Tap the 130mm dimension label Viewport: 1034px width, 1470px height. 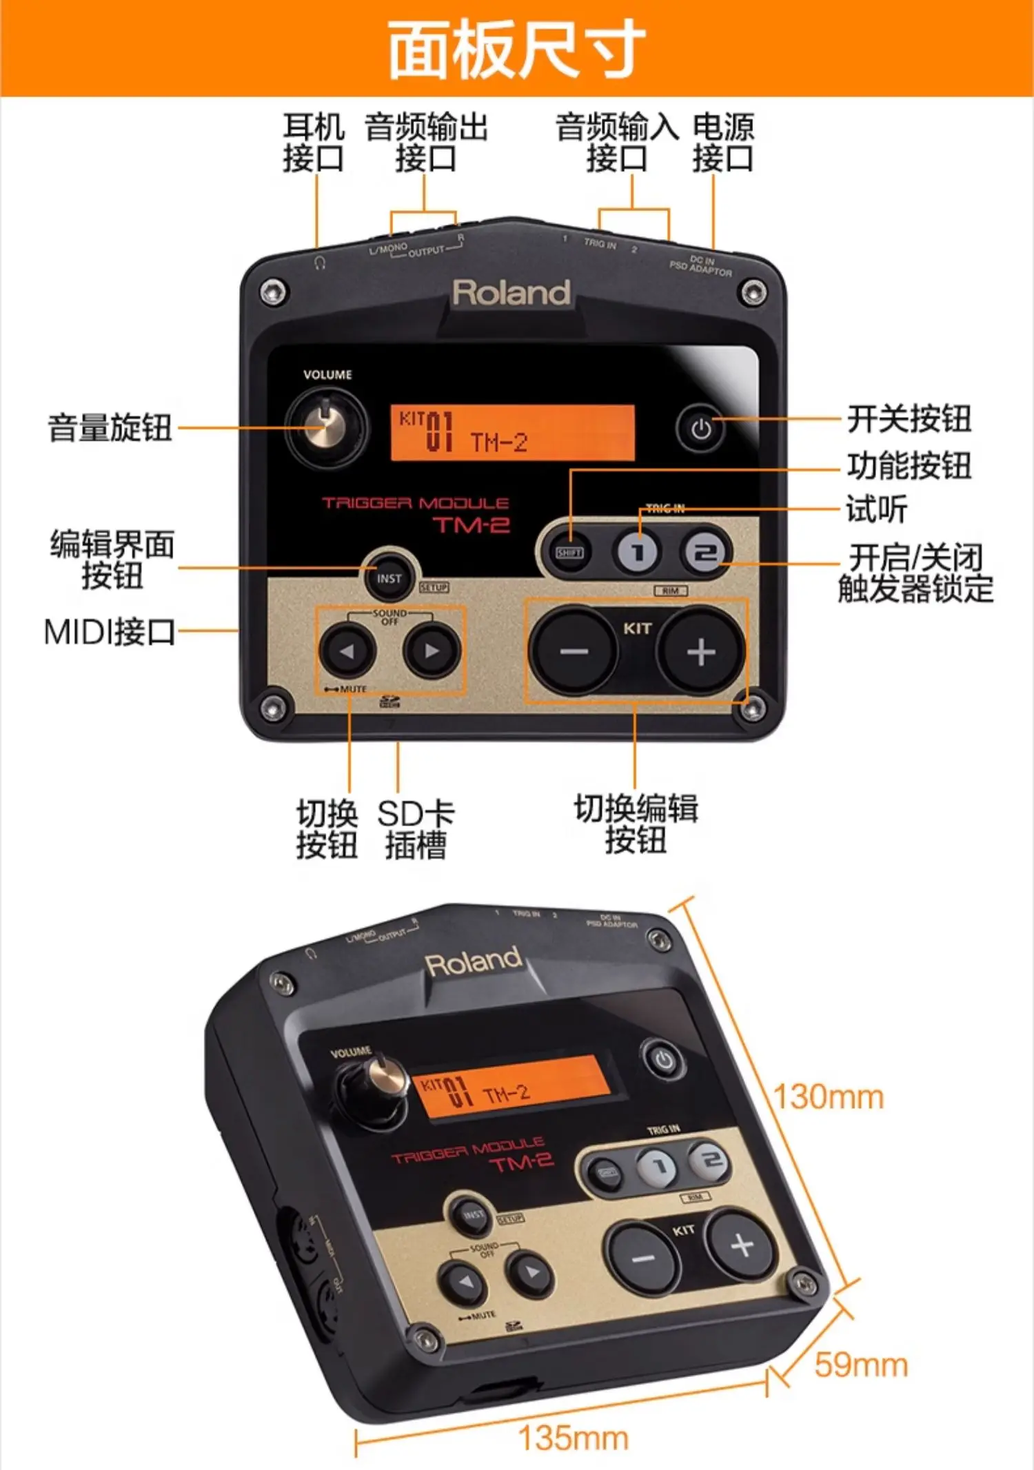click(x=829, y=1097)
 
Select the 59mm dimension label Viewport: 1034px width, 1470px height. click(x=861, y=1365)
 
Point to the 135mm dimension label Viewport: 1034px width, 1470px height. click(x=573, y=1438)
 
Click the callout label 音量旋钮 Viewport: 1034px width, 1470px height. click(x=110, y=427)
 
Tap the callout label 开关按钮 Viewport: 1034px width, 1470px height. click(x=909, y=418)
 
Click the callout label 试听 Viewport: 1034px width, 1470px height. click(x=877, y=509)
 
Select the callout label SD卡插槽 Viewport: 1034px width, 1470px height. click(x=416, y=829)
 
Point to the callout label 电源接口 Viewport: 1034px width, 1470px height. click(x=723, y=143)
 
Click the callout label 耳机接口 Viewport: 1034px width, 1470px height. click(x=314, y=143)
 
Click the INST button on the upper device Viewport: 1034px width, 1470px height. click(x=389, y=579)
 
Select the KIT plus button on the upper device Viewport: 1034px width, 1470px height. click(x=701, y=651)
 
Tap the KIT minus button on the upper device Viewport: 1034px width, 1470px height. click(x=572, y=651)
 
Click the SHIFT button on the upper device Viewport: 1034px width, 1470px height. click(x=569, y=553)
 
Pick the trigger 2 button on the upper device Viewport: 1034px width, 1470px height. click(x=704, y=553)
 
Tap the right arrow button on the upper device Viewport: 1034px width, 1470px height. click(x=432, y=650)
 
